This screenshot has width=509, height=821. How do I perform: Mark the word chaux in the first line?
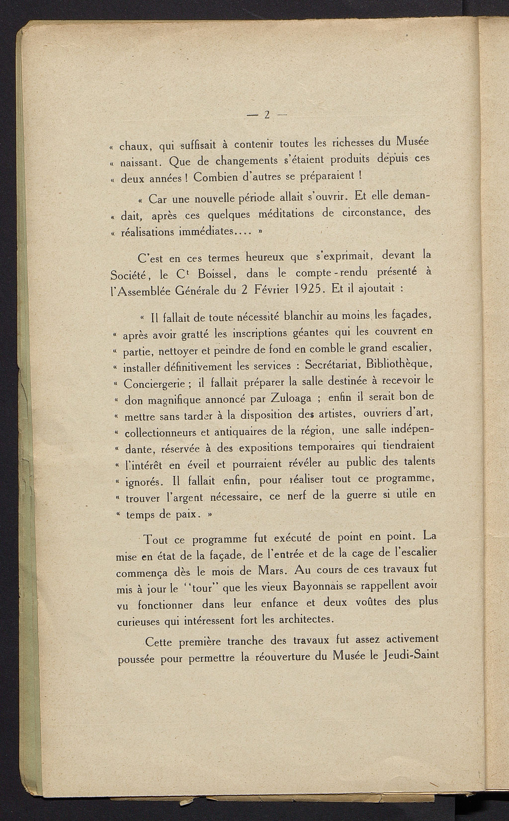click(136, 147)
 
